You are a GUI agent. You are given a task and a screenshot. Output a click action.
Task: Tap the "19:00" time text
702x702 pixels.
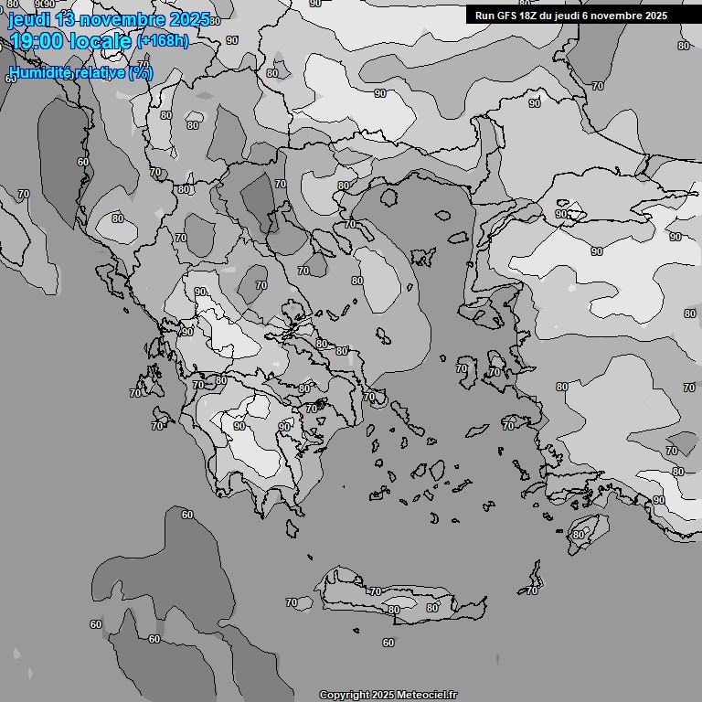37,41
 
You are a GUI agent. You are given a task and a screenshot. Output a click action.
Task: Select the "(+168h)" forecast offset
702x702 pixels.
162,41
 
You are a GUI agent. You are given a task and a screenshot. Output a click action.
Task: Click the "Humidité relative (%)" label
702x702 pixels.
80,72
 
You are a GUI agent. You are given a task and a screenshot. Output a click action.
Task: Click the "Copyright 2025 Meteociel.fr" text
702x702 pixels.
388,695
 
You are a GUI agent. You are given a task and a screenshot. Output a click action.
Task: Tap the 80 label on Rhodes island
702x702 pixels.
578,535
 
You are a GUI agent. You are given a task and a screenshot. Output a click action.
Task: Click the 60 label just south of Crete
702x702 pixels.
388,643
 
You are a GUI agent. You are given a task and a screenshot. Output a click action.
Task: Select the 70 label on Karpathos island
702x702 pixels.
532,590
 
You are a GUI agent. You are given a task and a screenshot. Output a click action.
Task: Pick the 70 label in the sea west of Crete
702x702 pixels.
292,602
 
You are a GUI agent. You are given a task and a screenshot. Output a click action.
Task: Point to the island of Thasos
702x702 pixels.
388,196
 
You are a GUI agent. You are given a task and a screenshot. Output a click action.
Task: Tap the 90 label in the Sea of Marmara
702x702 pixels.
560,214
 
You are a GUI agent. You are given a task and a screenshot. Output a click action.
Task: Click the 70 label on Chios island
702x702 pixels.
462,369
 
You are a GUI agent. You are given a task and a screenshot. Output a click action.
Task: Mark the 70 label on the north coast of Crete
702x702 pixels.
375,591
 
